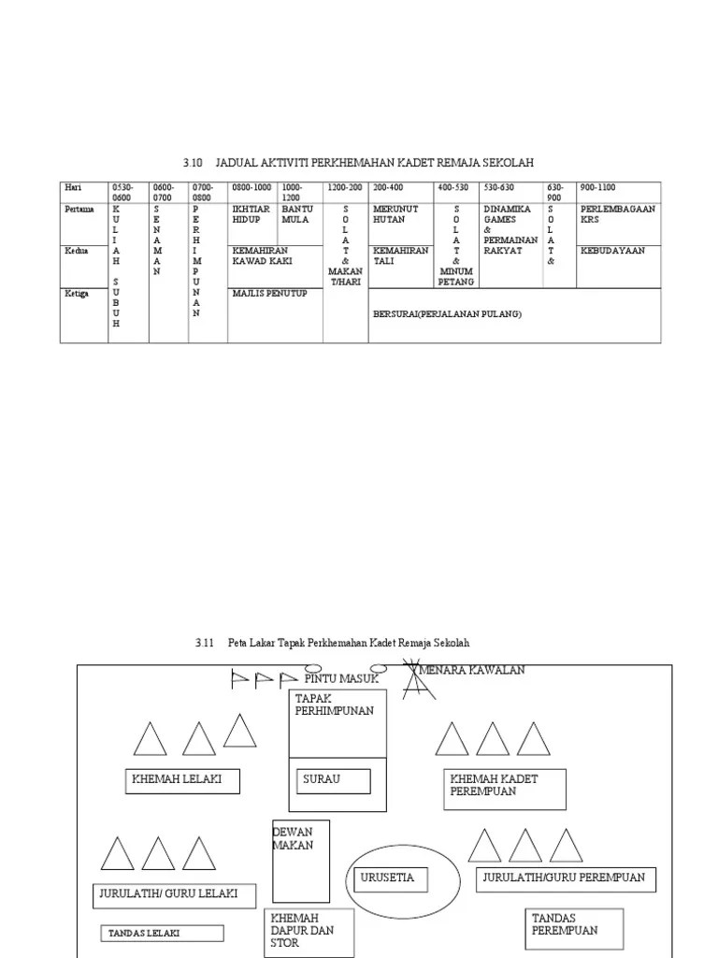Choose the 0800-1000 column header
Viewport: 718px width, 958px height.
coord(252,187)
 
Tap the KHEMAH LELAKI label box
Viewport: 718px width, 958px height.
coord(182,780)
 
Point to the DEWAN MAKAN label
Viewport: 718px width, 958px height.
coord(293,839)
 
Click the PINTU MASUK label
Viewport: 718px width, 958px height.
coord(341,678)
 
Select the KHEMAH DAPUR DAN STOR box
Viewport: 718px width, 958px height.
coord(309,931)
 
